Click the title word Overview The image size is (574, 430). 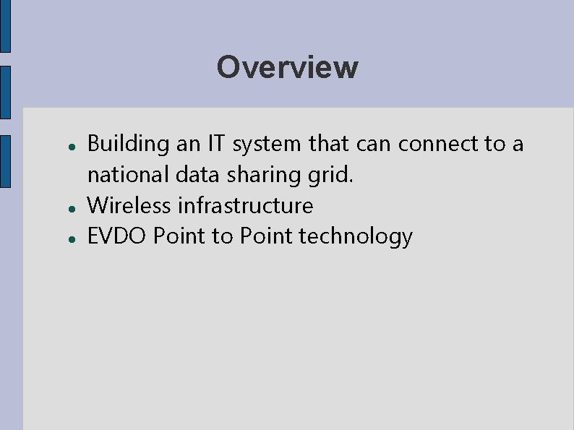click(287, 67)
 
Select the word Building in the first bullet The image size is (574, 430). click(127, 145)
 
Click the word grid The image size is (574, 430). click(332, 176)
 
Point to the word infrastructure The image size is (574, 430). click(246, 205)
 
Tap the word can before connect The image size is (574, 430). click(374, 145)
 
